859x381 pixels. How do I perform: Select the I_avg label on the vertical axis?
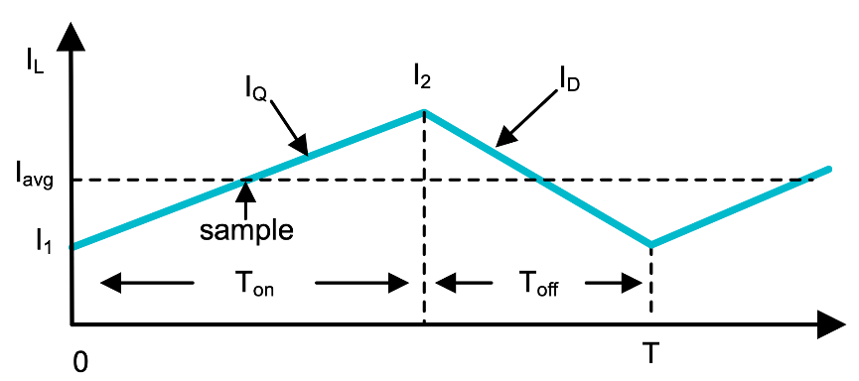pos(32,181)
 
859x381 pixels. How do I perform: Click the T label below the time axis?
pos(650,352)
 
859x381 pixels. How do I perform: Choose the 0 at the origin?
pos(79,362)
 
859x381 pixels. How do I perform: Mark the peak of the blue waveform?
pos(425,111)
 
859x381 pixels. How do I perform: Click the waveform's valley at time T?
pos(650,244)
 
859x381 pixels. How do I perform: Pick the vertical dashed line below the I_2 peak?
pos(425,218)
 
